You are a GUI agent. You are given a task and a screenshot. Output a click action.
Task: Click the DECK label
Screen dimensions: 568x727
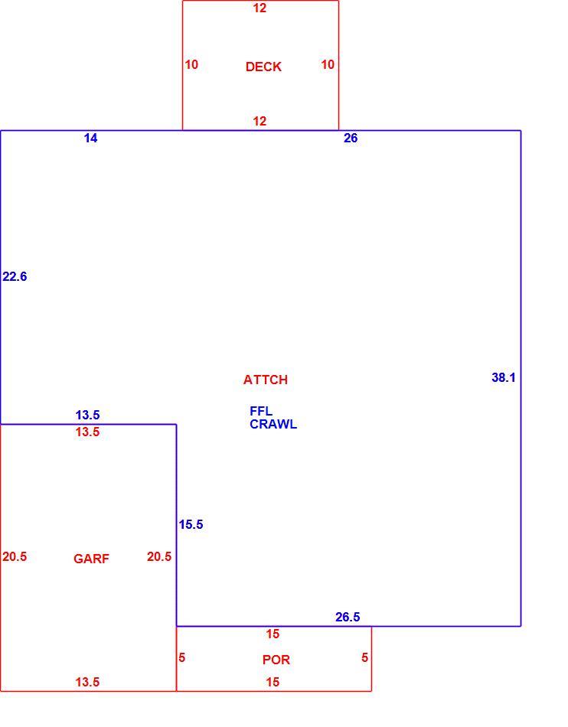point(263,67)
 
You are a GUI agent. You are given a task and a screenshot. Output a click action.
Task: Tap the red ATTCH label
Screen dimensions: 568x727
point(265,380)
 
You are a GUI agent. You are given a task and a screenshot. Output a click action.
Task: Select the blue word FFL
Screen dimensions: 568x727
point(261,411)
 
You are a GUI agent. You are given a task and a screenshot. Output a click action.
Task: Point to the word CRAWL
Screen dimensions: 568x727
point(273,424)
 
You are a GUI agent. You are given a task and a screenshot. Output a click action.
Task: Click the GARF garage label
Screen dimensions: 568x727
point(91,559)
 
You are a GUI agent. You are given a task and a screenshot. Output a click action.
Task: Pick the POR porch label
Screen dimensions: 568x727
point(276,660)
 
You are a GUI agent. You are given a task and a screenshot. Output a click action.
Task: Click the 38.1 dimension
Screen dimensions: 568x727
point(504,377)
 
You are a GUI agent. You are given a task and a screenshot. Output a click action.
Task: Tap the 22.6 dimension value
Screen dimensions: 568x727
point(15,276)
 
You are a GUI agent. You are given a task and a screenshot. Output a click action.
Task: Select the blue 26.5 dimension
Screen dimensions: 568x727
point(348,617)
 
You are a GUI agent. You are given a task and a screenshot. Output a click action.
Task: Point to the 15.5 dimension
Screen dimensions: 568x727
point(191,524)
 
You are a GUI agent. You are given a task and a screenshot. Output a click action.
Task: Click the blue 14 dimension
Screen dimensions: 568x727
point(90,139)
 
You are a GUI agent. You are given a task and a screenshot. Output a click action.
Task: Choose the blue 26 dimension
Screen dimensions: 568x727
point(351,139)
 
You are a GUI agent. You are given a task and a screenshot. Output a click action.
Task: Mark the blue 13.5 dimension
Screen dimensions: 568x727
point(87,415)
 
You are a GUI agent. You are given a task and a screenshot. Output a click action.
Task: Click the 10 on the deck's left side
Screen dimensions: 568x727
point(191,64)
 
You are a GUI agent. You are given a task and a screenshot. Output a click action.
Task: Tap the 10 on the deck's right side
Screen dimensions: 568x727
point(328,64)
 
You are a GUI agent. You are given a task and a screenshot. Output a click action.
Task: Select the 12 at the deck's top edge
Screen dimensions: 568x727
point(260,8)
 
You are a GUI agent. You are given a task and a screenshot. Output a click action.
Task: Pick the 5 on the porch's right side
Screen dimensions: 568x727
point(365,657)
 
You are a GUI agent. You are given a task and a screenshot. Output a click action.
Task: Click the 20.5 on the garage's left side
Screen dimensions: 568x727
point(15,556)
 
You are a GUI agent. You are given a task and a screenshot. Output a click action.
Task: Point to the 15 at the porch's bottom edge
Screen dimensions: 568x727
point(273,682)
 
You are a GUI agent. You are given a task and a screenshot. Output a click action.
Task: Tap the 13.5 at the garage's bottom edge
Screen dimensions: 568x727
point(87,682)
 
